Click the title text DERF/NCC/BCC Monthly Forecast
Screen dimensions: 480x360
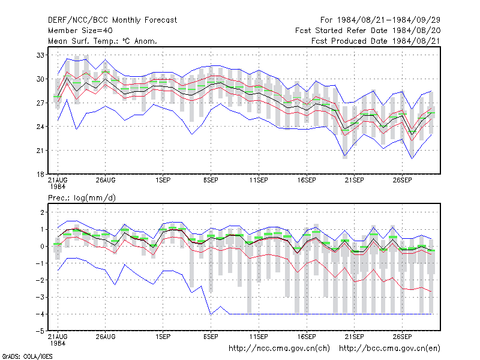112,20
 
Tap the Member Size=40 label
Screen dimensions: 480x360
80,31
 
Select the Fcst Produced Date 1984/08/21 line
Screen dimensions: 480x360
376,41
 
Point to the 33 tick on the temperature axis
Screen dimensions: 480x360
40,55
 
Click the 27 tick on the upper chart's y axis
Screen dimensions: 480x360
40,103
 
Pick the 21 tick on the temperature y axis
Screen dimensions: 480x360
40,151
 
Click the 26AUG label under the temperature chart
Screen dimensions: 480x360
106,181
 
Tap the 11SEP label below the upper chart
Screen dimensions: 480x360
259,181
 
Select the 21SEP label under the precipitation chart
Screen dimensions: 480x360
355,337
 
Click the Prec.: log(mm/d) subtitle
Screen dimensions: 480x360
82,198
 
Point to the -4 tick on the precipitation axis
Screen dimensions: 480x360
40,314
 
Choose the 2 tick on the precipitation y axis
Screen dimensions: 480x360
42,212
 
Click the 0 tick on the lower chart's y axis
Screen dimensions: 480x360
42,246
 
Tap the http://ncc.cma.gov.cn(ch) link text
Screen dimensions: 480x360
279,349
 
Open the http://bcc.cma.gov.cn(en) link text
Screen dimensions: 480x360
389,349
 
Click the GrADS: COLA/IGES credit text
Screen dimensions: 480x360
27,356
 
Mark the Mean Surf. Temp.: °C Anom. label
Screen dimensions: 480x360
103,41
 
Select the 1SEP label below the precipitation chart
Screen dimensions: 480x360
163,337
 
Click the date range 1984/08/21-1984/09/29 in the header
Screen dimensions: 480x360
389,20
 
